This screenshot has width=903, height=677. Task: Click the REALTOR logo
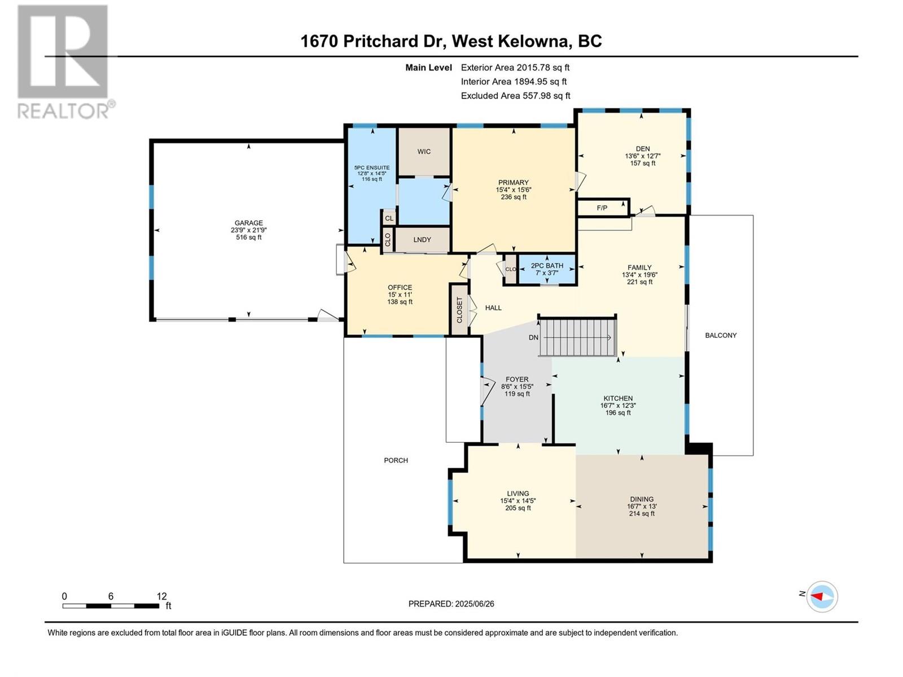66,61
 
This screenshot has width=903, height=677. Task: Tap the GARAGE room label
248,223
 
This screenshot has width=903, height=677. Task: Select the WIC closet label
424,152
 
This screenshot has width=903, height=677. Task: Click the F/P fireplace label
602,208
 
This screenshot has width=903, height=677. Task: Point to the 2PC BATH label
547,266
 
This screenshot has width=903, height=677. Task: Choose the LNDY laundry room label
422,240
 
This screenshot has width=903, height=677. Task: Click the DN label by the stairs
533,337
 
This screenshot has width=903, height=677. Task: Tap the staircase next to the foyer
577,337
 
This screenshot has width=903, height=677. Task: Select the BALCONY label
721,336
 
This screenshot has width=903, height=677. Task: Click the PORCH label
396,460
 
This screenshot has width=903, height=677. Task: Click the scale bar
111,606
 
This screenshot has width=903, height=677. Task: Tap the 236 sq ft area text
514,197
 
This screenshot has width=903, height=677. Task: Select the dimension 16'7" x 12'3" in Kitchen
618,405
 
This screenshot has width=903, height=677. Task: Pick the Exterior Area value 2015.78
533,67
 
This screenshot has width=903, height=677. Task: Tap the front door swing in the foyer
487,391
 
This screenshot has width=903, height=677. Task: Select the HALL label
493,308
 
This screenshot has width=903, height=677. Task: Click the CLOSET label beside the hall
459,310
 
